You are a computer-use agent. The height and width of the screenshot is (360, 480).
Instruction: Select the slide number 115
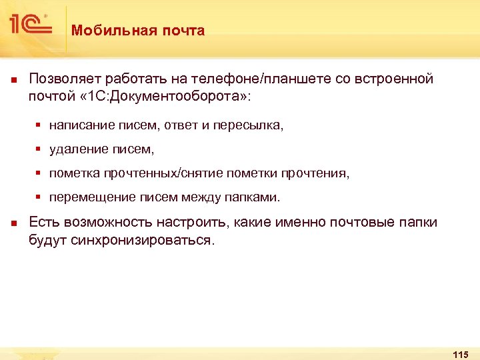(x=460, y=353)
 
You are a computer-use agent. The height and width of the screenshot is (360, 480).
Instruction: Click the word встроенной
(x=393, y=79)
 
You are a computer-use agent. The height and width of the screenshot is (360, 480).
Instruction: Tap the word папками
(x=257, y=197)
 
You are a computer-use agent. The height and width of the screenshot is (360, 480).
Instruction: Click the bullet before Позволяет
(x=13, y=80)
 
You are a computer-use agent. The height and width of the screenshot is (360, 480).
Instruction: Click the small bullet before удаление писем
(x=39, y=149)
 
